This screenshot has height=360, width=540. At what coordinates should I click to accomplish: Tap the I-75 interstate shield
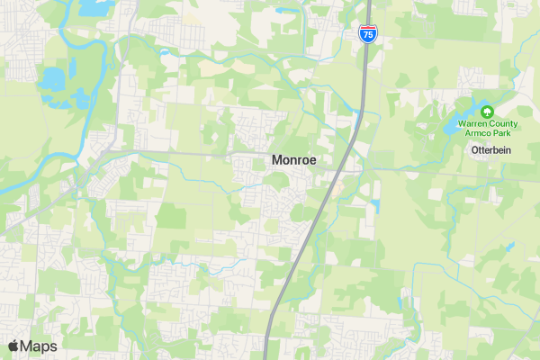coord(367,34)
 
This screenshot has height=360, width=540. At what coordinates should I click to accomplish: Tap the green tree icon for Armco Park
coord(487,112)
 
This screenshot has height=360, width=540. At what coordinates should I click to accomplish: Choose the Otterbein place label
coord(490,150)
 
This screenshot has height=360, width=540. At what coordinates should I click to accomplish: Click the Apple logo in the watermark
coord(13,346)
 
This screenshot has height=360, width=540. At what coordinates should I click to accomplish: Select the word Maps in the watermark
coord(40,346)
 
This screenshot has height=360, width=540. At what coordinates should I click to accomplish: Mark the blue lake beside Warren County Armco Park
coord(451,128)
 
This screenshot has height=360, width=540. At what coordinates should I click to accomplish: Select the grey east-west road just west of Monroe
coord(180,154)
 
